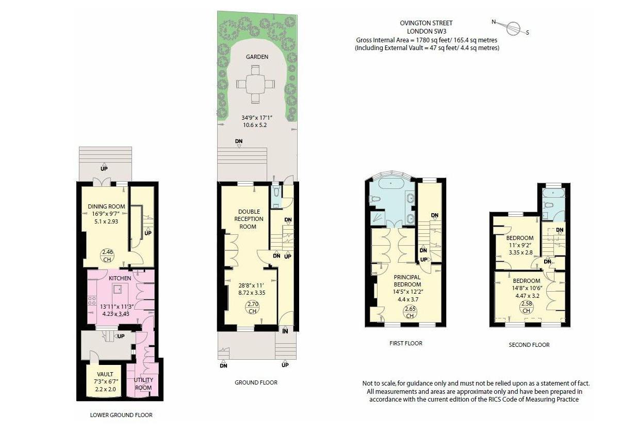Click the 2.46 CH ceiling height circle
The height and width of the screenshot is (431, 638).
click(x=107, y=256)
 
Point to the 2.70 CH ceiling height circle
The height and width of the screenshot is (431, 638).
click(x=252, y=308)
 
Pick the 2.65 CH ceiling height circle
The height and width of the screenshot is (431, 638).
click(x=410, y=312)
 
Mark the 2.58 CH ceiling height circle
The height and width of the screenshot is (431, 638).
click(x=526, y=307)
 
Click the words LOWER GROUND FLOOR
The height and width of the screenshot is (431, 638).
click(x=121, y=414)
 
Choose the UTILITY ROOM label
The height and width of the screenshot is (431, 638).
click(x=143, y=384)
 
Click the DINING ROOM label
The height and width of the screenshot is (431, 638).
click(x=106, y=207)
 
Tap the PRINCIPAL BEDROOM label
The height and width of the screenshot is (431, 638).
click(x=407, y=280)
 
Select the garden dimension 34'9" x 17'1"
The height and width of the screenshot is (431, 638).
click(x=256, y=118)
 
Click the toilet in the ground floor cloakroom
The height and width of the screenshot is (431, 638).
click(x=276, y=193)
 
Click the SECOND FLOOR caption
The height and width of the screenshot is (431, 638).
click(x=529, y=345)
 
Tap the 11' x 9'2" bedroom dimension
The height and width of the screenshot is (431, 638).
click(x=519, y=245)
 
